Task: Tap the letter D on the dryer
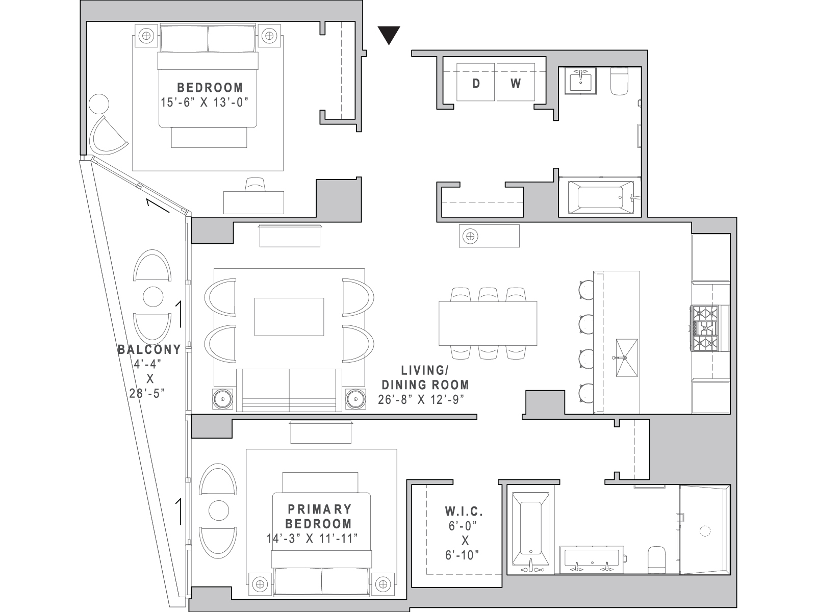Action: coord(476,84)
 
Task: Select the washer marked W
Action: coord(516,82)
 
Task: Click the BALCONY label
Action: coord(149,350)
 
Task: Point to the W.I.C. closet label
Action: coord(464,512)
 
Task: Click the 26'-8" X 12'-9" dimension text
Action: coord(421,399)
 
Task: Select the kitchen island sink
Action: coord(627,358)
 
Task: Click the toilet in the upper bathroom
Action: coord(619,81)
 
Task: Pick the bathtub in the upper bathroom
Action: coord(601,197)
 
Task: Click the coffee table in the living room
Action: coord(289,317)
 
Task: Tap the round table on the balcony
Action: coord(153,296)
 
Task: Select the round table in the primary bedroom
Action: coord(219,510)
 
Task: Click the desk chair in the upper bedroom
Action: coord(255,184)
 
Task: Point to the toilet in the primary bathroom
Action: coord(656,560)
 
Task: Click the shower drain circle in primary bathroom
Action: coord(705,531)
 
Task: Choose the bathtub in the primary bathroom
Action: coord(530,533)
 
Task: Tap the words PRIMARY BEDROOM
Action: coord(319,516)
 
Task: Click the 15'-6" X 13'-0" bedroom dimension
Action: coord(205,102)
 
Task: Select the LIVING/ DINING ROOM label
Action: coord(425,377)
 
